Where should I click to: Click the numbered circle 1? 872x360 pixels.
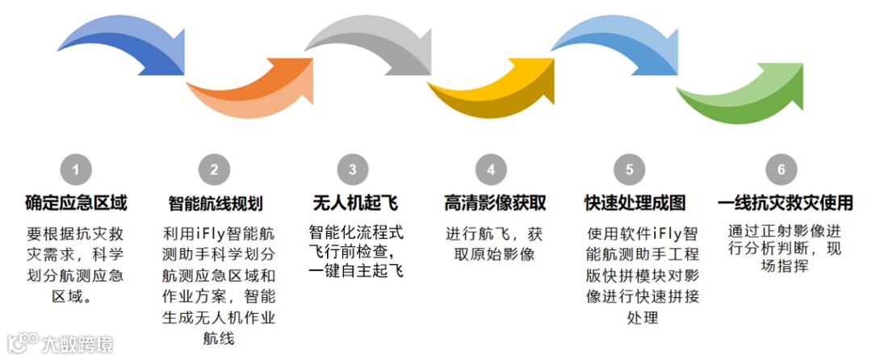76,170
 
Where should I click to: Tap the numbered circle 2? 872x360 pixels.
214,170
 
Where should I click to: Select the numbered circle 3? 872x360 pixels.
353,170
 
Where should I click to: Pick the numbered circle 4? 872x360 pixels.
491,170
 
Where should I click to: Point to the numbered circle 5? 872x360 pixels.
629,170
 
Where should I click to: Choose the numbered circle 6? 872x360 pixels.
780,170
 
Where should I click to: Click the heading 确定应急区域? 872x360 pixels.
76,202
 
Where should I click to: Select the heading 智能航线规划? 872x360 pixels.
215,203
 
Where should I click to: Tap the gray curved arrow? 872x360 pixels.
371,44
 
